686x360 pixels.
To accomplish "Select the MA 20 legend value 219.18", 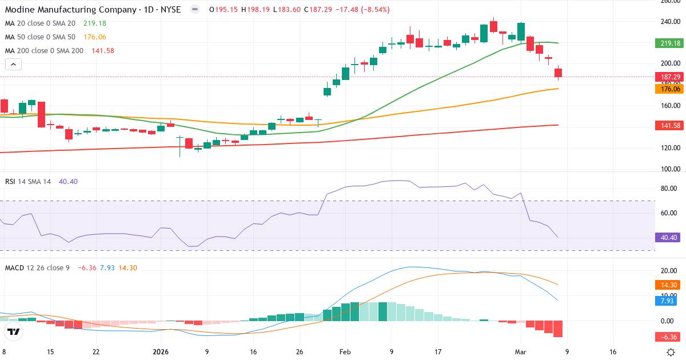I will pyautogui.click(x=94, y=23).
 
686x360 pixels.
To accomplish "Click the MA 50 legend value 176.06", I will pyautogui.click(x=94, y=37).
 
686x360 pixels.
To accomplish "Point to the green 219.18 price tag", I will pyautogui.click(x=669, y=43).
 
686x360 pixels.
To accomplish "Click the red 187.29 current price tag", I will pyautogui.click(x=669, y=77).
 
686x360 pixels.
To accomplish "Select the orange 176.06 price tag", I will pyautogui.click(x=669, y=89).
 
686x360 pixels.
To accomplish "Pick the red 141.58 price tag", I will pyautogui.click(x=669, y=125).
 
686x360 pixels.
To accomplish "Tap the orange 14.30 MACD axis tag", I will pyautogui.click(x=669, y=285).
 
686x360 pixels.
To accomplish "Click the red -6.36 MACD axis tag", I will pyautogui.click(x=669, y=337).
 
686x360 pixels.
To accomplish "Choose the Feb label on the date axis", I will pyautogui.click(x=345, y=352).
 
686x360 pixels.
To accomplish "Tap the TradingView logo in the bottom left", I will pyautogui.click(x=14, y=332).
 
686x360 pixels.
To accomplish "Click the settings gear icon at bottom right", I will pyautogui.click(x=672, y=352).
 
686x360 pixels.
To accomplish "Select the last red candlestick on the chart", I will pyautogui.click(x=558, y=73).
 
